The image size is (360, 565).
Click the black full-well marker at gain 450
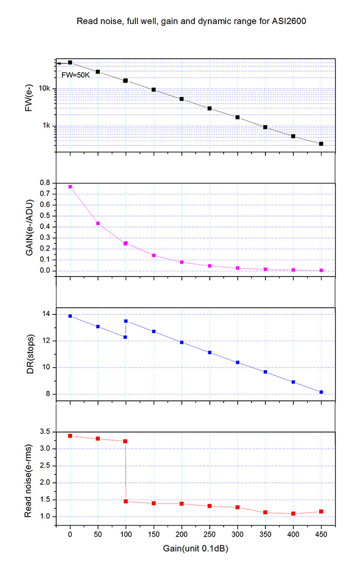(321, 144)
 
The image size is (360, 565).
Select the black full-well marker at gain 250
(209, 108)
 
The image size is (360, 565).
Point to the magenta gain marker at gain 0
(70, 187)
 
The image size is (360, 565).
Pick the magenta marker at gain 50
(98, 223)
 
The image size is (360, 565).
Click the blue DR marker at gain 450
(321, 392)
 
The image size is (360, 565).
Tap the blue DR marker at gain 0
(70, 316)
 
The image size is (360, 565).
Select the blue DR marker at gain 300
(237, 362)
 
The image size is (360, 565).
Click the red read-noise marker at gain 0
(70, 436)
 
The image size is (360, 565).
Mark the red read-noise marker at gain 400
(293, 514)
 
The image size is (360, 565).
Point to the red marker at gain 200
(181, 504)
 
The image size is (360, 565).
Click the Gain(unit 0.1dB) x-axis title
(195, 548)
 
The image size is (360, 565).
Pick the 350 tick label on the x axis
(265, 535)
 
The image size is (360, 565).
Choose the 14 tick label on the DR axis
(47, 314)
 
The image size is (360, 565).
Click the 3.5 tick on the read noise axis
(45, 432)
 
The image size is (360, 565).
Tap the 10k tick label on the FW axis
(45, 88)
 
